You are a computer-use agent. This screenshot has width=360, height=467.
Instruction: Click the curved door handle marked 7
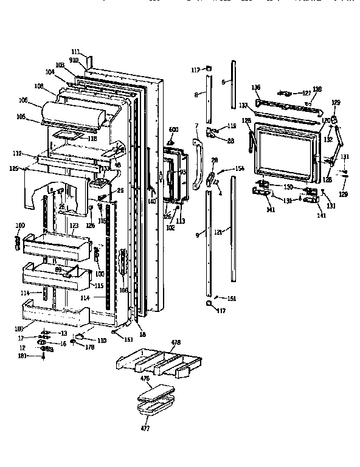(x=198, y=164)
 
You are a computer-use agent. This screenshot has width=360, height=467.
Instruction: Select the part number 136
(x=256, y=87)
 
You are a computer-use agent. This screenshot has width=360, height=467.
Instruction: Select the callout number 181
(x=23, y=356)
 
